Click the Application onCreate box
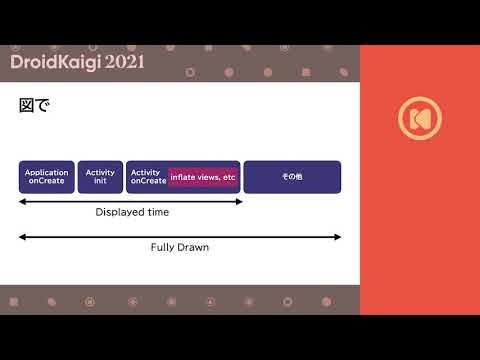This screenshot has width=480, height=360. (47, 177)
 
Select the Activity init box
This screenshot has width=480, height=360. (100, 177)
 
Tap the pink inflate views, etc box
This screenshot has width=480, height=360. (203, 177)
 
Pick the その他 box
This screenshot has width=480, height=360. (292, 177)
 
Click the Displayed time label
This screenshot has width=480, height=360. (132, 212)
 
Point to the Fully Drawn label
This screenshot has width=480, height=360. (179, 247)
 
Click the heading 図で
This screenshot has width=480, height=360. (34, 105)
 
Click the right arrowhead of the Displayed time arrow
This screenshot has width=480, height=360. (240, 201)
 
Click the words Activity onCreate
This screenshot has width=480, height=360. (148, 177)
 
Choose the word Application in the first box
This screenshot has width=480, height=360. (47, 173)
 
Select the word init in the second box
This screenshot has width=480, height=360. (100, 181)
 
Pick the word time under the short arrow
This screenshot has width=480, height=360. (158, 212)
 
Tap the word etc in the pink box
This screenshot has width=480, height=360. (229, 177)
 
